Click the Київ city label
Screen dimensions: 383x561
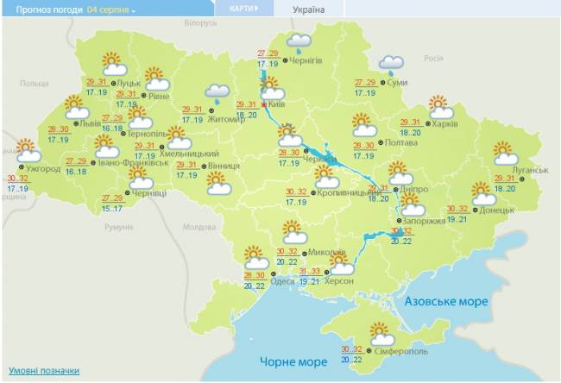coord(277,104)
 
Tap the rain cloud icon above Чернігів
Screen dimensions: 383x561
coord(299,42)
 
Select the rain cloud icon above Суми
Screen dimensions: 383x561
coord(392,64)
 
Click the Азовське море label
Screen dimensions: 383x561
coord(447,302)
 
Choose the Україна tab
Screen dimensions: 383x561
coord(309,9)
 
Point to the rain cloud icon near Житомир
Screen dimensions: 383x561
coord(217,93)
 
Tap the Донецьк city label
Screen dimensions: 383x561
coord(497,210)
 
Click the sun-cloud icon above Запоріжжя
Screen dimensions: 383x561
coord(413,204)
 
